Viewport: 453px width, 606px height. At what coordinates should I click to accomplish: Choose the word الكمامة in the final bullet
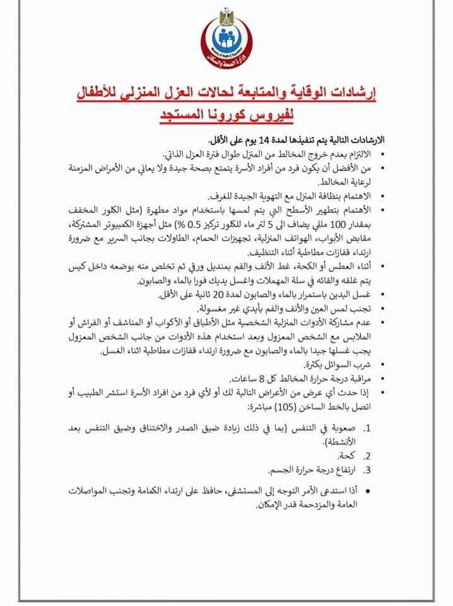153,490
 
